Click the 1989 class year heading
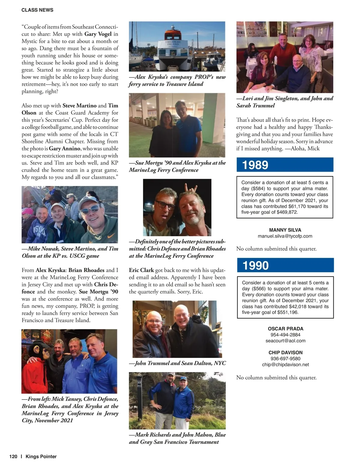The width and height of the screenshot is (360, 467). tap(255, 165)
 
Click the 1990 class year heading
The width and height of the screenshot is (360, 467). tap(256, 266)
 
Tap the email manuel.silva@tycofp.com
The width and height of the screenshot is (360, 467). tap(285, 236)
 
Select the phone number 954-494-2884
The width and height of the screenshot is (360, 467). tap(285, 335)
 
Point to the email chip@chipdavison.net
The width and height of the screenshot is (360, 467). tap(285, 365)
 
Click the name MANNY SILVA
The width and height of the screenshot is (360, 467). tap(285, 230)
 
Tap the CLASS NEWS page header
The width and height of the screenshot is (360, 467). tap(37, 10)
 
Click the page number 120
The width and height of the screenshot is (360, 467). tap(13, 457)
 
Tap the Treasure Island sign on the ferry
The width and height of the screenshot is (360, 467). tap(173, 43)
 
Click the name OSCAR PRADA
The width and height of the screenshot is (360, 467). tap(285, 329)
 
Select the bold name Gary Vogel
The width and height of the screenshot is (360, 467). tap(98, 34)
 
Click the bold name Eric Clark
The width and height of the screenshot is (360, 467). tap(141, 270)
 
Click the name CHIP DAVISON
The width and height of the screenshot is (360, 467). tap(285, 353)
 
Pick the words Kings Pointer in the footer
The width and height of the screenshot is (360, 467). tap(41, 457)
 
